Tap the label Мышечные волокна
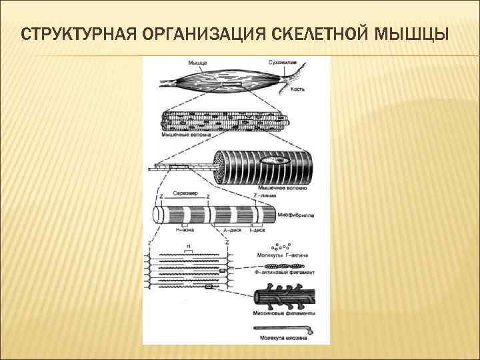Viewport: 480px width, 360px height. pyautogui.click(x=187, y=134)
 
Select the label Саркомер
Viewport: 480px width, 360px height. pyautogui.click(x=183, y=194)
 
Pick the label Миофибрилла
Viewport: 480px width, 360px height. pyautogui.click(x=299, y=215)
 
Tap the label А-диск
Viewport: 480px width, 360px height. pyautogui.click(x=232, y=231)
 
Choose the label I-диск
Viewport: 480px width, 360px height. pyautogui.click(x=257, y=231)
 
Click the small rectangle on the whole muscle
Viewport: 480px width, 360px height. pyautogui.click(x=233, y=86)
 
